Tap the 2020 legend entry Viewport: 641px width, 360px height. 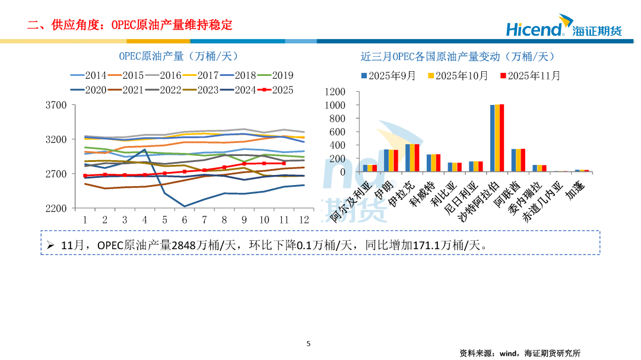click(89, 90)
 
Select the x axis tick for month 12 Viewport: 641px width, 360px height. click(304, 220)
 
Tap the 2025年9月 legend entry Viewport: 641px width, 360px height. click(389, 76)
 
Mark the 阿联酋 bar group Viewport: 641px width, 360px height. click(518, 160)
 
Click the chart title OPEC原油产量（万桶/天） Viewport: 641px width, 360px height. click(178, 56)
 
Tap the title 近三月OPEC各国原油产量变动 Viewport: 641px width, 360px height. click(457, 56)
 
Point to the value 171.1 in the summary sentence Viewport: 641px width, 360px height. click(415, 244)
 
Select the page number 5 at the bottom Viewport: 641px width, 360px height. click(308, 343)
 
